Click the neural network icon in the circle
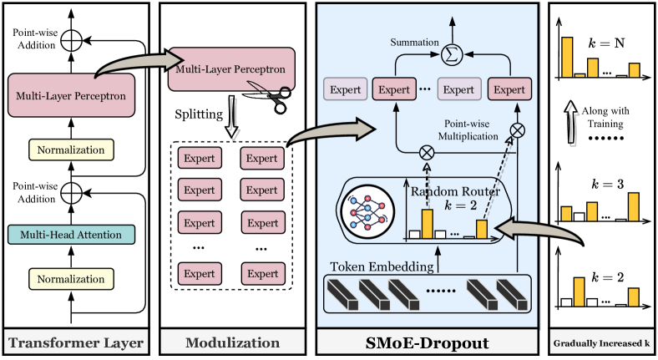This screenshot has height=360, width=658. [363, 214]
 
